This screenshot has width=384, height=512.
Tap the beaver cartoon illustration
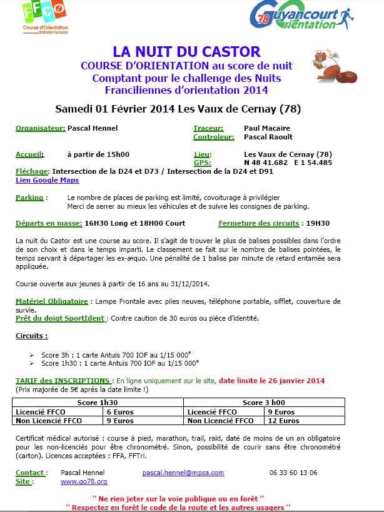click(331, 66)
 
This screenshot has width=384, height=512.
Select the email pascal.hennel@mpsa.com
click(183, 473)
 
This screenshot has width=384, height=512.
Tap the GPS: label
click(204, 163)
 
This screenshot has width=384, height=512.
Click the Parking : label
click(30, 197)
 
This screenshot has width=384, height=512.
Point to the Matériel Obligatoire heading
click(52, 301)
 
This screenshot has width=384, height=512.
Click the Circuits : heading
click(32, 336)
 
